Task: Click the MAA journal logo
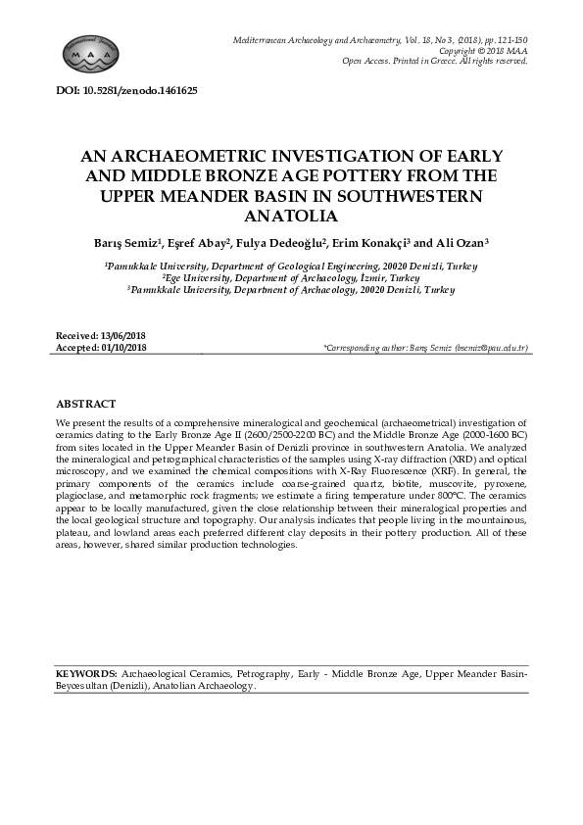click(x=89, y=48)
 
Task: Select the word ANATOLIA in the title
click(x=291, y=217)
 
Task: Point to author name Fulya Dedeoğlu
click(x=285, y=243)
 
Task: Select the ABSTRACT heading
click(x=86, y=404)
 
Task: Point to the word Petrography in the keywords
click(x=265, y=675)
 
